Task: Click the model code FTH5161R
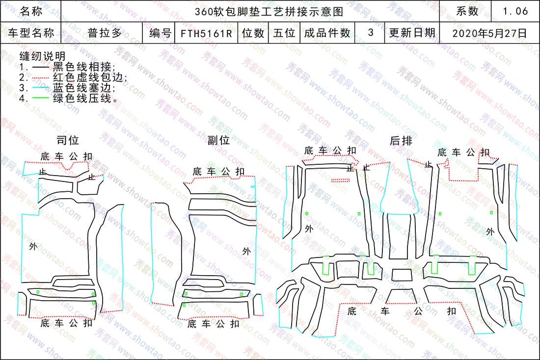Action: (x=206, y=33)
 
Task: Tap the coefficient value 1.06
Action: (x=515, y=11)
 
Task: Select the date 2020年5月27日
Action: (x=490, y=33)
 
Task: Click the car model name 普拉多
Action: (x=105, y=33)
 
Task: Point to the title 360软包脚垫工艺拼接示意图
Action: (x=269, y=11)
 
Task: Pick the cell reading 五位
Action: (x=284, y=33)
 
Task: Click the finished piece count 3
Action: (x=371, y=32)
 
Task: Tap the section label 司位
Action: (x=68, y=140)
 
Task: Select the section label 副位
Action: (x=218, y=140)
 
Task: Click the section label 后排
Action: (x=401, y=140)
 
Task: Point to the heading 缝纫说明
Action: (x=42, y=56)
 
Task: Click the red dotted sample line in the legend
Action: (x=41, y=78)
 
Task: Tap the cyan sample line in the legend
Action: (x=41, y=88)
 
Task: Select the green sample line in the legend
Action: (x=41, y=98)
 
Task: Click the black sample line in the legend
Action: (x=41, y=67)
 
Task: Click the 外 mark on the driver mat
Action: (x=33, y=246)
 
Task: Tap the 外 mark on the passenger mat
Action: (x=246, y=251)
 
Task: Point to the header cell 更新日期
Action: (x=412, y=33)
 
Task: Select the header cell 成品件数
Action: (x=327, y=33)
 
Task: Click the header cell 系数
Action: (x=467, y=11)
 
